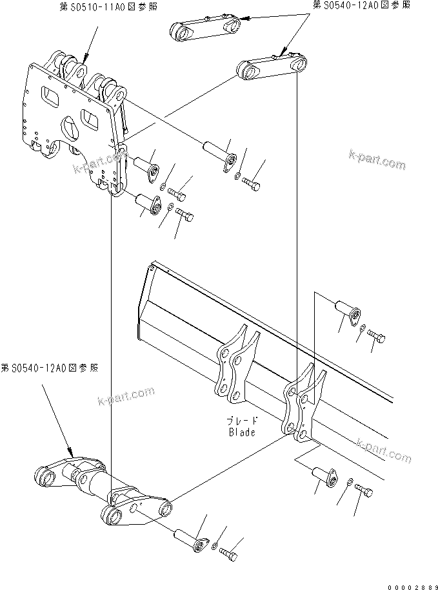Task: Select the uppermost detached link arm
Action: coord(204,28)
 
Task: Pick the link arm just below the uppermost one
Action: coord(270,67)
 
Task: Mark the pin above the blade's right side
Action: coord(347,311)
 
